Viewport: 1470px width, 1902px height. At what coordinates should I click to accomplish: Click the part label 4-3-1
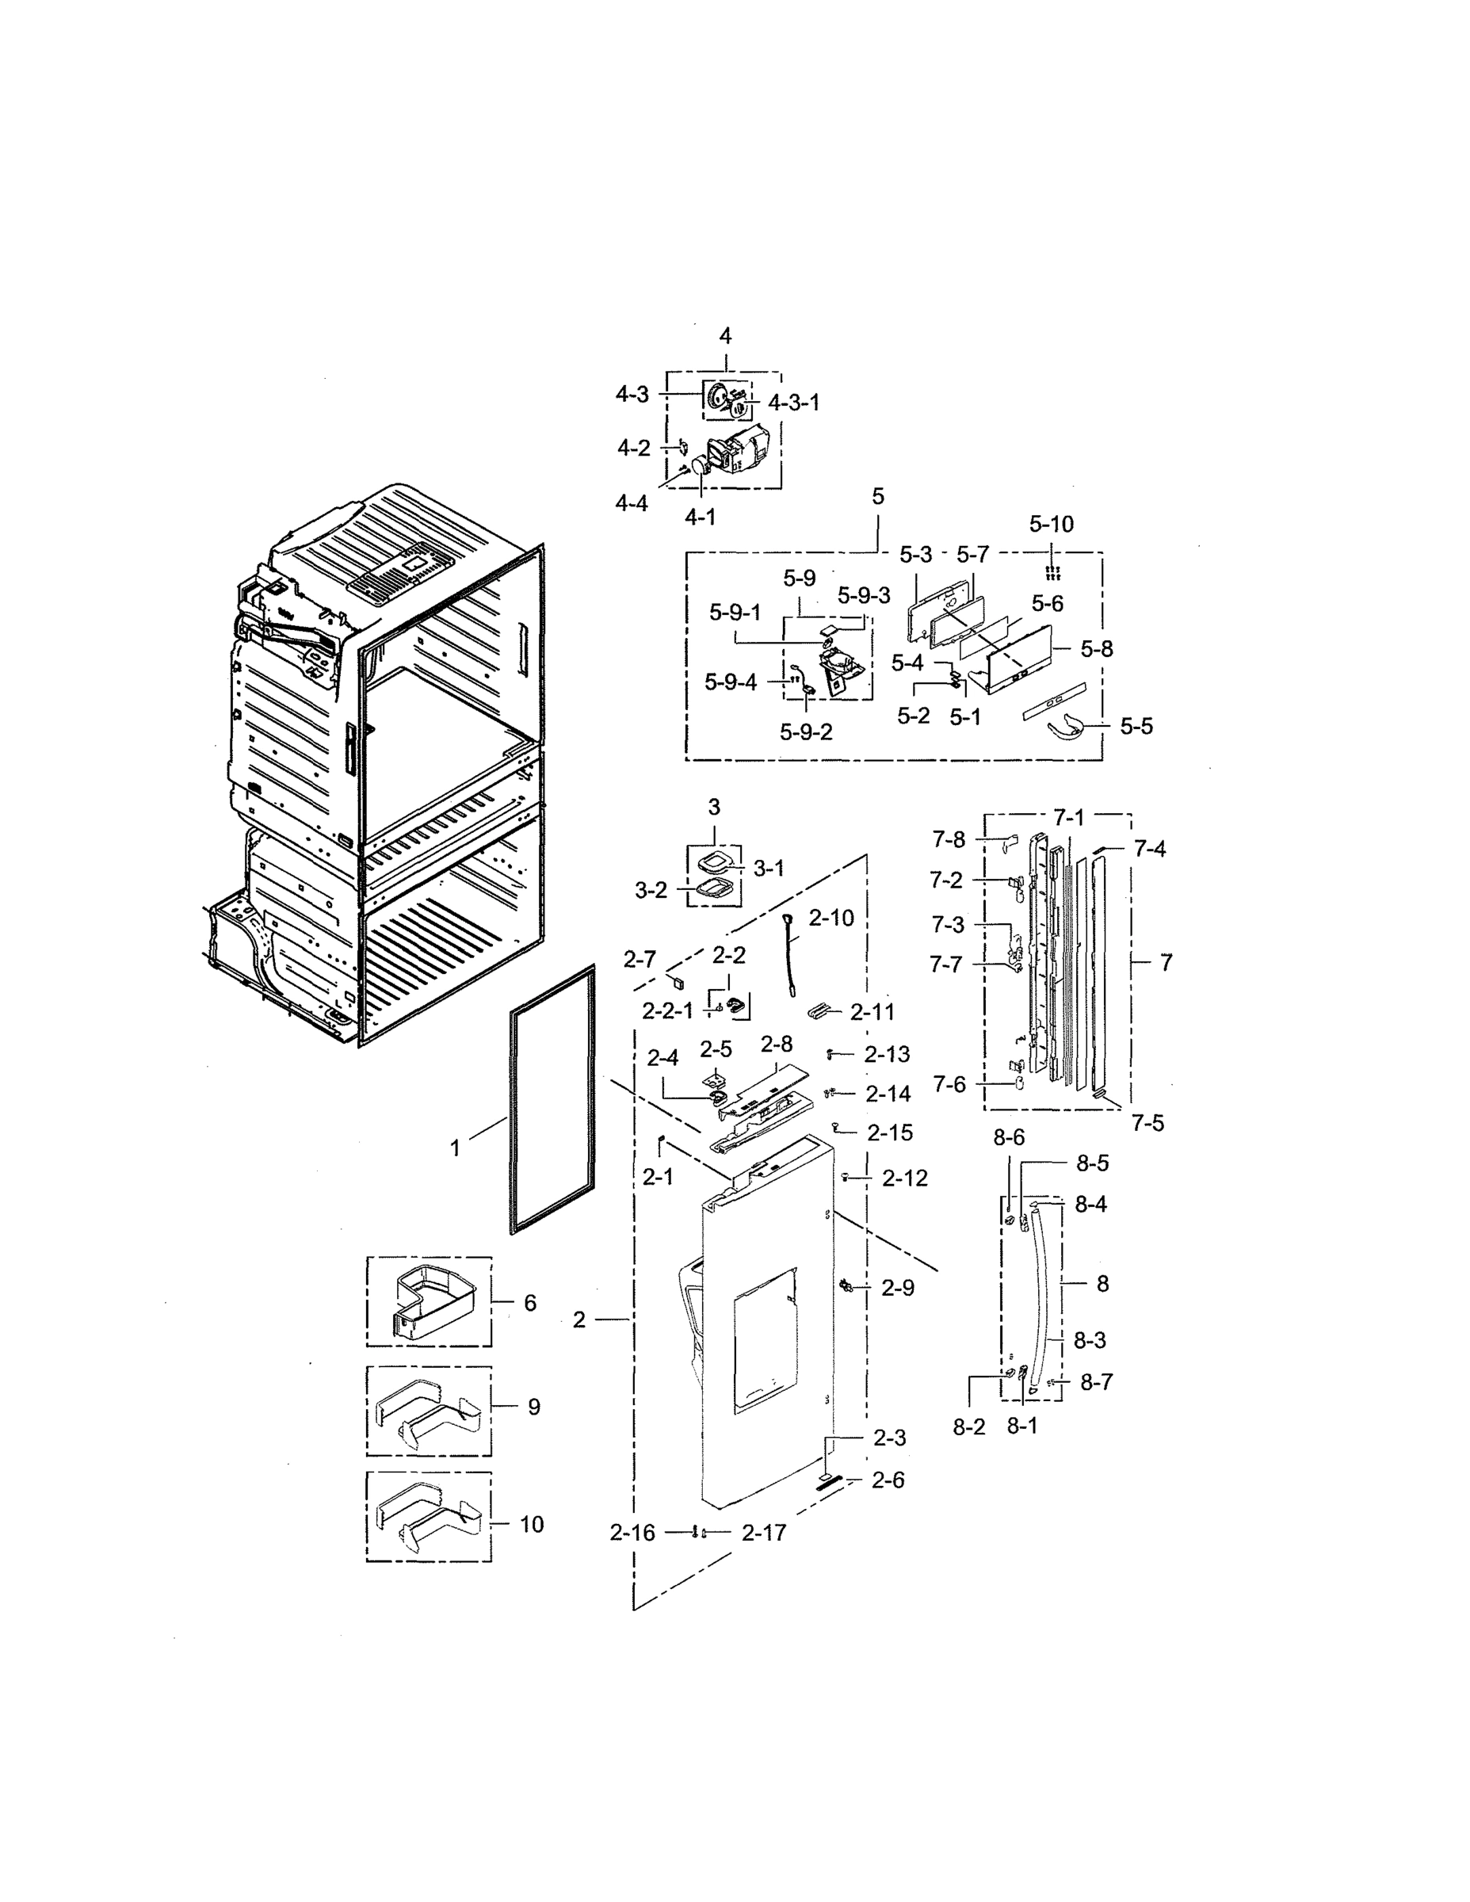pos(793,403)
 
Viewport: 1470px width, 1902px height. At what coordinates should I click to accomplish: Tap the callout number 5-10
pos(1051,525)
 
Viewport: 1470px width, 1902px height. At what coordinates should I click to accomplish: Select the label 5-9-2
pos(806,732)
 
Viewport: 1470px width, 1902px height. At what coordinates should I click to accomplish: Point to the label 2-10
pos(830,918)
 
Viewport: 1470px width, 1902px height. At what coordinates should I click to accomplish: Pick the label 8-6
pos(1009,1137)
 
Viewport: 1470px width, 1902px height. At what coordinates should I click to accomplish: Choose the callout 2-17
pos(764,1533)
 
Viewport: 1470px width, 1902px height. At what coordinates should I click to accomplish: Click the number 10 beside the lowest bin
pos(531,1524)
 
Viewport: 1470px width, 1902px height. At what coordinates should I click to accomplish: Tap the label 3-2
pos(651,890)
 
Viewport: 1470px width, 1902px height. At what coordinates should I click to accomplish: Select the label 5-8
pos(1097,649)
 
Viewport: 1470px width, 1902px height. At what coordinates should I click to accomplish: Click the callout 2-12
pos(904,1178)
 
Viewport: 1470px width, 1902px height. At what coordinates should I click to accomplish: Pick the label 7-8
pos(949,839)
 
